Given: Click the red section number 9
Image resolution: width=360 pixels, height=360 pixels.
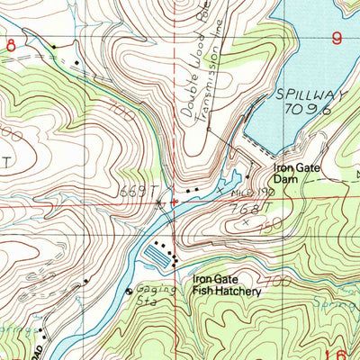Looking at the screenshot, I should (x=337, y=38).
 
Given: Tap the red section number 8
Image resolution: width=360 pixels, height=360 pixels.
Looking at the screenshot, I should (x=10, y=44).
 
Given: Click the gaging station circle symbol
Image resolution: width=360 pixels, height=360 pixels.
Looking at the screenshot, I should (x=128, y=291).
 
